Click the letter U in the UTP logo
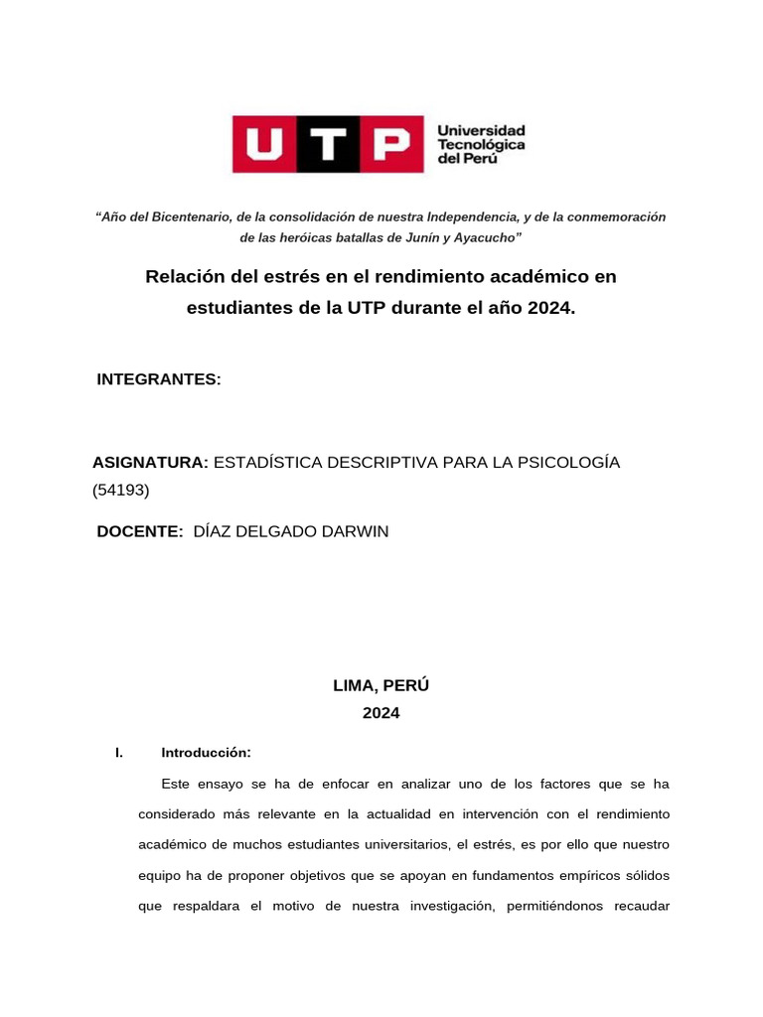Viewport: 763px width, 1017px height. click(x=263, y=144)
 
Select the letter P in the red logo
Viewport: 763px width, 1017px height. click(x=384, y=144)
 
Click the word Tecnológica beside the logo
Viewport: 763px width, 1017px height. click(x=482, y=145)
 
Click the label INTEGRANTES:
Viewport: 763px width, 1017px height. click(x=159, y=379)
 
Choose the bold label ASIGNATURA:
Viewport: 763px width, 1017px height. click(x=150, y=463)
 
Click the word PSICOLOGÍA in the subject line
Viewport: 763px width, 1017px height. click(x=567, y=463)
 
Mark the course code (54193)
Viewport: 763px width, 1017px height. click(x=120, y=490)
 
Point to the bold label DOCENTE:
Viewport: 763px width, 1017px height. click(x=140, y=531)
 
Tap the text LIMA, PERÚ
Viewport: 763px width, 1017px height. click(x=381, y=685)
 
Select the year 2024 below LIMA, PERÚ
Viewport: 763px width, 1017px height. click(x=381, y=713)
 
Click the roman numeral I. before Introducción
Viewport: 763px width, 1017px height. click(x=119, y=753)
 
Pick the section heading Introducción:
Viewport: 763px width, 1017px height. click(x=206, y=753)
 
